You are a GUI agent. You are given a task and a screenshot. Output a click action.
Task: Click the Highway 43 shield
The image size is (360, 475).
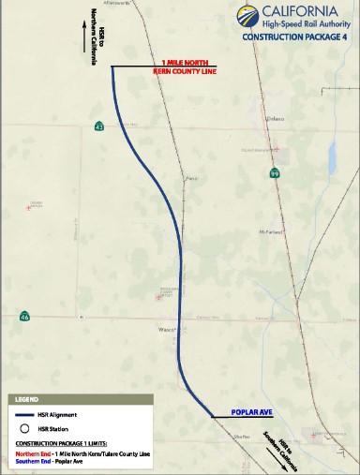coord(98,126)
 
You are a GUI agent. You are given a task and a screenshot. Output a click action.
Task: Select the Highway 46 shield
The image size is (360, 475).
coord(24,318)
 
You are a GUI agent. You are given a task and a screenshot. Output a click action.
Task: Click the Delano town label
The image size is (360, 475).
coord(274,119)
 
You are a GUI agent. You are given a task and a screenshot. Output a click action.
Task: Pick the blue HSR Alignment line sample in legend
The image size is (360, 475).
coord(26,413)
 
